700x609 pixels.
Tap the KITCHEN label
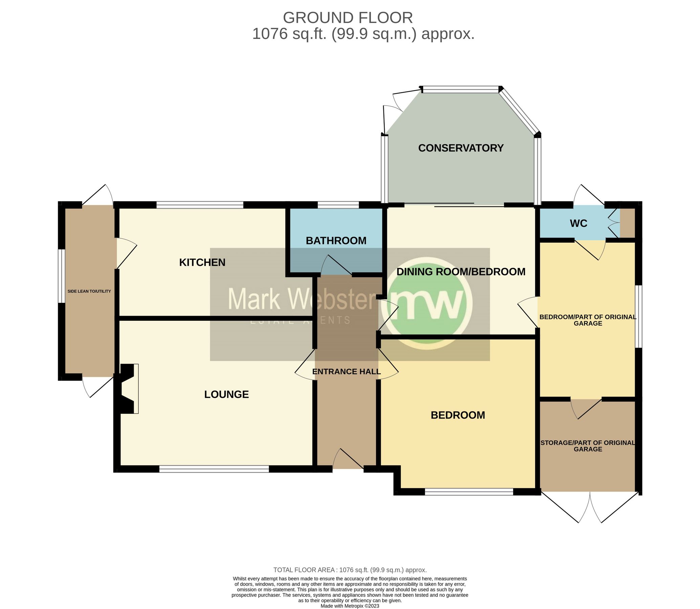pyautogui.click(x=202, y=262)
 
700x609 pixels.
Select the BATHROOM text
pyautogui.click(x=336, y=241)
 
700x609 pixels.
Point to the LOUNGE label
pyautogui.click(x=226, y=394)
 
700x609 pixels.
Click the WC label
pyautogui.click(x=578, y=223)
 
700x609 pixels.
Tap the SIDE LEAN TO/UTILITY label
pyautogui.click(x=89, y=291)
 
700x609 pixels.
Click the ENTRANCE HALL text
pyautogui.click(x=346, y=371)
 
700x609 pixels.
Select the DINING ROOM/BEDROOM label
pyautogui.click(x=461, y=272)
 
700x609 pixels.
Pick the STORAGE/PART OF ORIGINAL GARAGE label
pyautogui.click(x=588, y=446)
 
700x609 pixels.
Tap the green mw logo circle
pyautogui.click(x=426, y=302)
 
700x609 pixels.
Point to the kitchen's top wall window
pyautogui.click(x=200, y=205)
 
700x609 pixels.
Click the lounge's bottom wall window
pyautogui.click(x=214, y=469)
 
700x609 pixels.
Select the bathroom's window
pyautogui.click(x=338, y=205)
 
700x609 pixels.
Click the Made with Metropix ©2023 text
pyautogui.click(x=349, y=606)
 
